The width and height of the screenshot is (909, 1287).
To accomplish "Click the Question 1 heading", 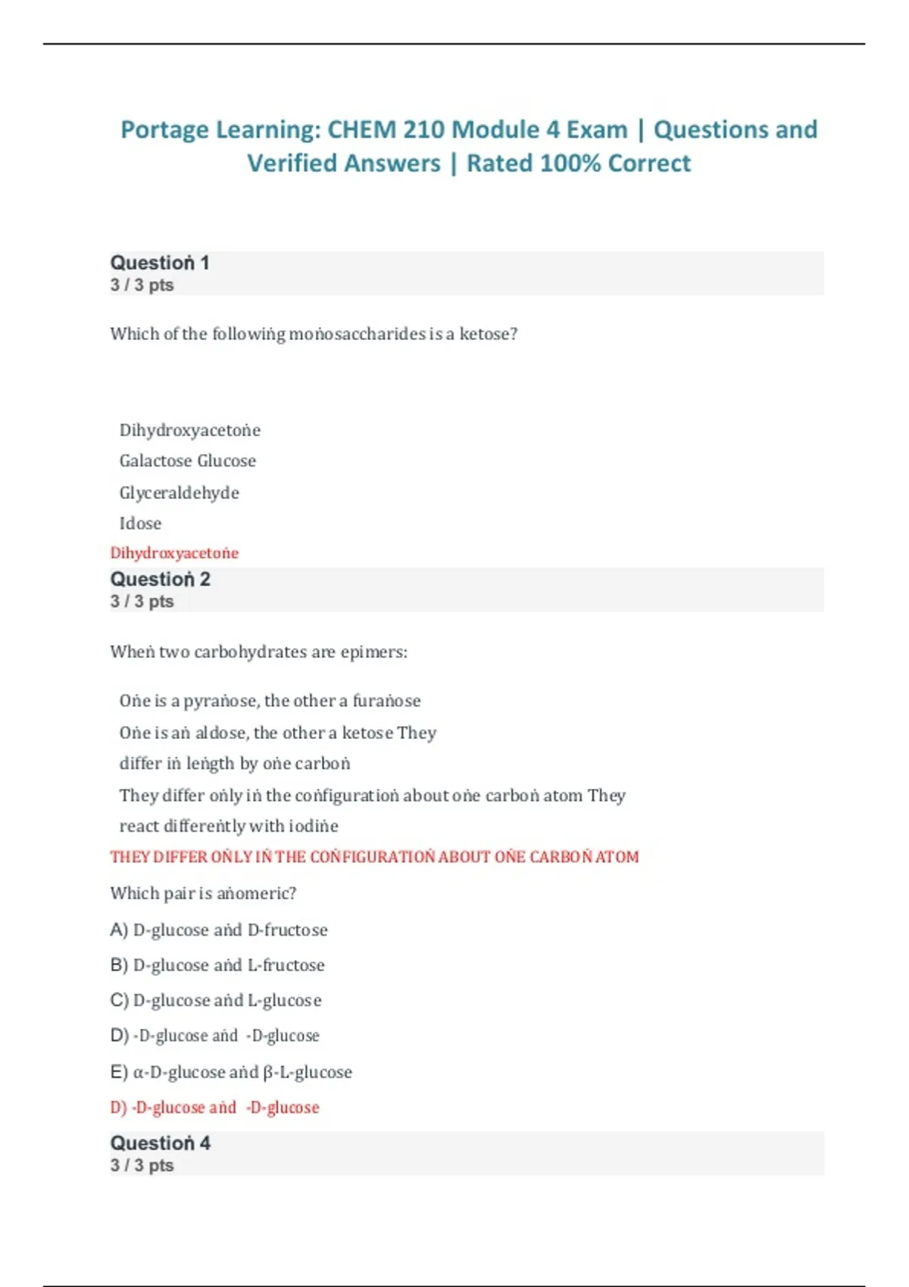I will pyautogui.click(x=160, y=263).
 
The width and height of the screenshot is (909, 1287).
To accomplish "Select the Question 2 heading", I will pyautogui.click(x=160, y=580).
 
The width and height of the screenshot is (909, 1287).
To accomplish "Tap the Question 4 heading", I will pyautogui.click(x=160, y=1143).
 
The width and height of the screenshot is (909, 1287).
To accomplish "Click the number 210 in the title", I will pyautogui.click(x=429, y=130).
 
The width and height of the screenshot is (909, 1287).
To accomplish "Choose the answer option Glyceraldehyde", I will pyautogui.click(x=180, y=493).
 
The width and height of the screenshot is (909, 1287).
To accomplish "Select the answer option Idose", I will pyautogui.click(x=140, y=523).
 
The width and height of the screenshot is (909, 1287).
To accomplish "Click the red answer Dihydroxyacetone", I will pyautogui.click(x=174, y=553).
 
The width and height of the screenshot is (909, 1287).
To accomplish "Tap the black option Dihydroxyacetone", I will pyautogui.click(x=190, y=431).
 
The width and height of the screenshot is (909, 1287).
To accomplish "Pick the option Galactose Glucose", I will pyautogui.click(x=188, y=461).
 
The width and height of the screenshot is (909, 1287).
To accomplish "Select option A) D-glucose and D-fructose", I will pyautogui.click(x=219, y=930).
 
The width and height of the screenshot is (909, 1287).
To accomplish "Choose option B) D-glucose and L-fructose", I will pyautogui.click(x=217, y=965).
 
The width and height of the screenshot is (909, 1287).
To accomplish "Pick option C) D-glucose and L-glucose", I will pyautogui.click(x=216, y=1000).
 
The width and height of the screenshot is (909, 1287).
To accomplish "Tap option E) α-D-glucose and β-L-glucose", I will pyautogui.click(x=231, y=1072).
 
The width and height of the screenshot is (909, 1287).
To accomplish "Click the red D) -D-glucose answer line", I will pyautogui.click(x=215, y=1108).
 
